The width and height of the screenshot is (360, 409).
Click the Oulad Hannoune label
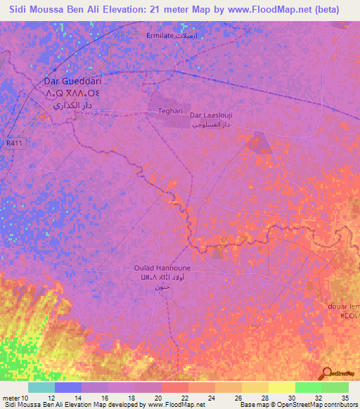click(x=162, y=268)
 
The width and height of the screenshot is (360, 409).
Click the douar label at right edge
click(x=344, y=306)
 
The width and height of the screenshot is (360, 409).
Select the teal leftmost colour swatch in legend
click(x=41, y=388)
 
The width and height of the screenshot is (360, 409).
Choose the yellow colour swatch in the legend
click(x=281, y=388)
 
